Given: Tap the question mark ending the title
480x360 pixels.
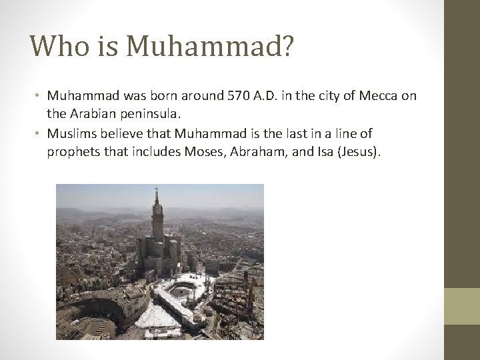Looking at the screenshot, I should click(283, 47).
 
